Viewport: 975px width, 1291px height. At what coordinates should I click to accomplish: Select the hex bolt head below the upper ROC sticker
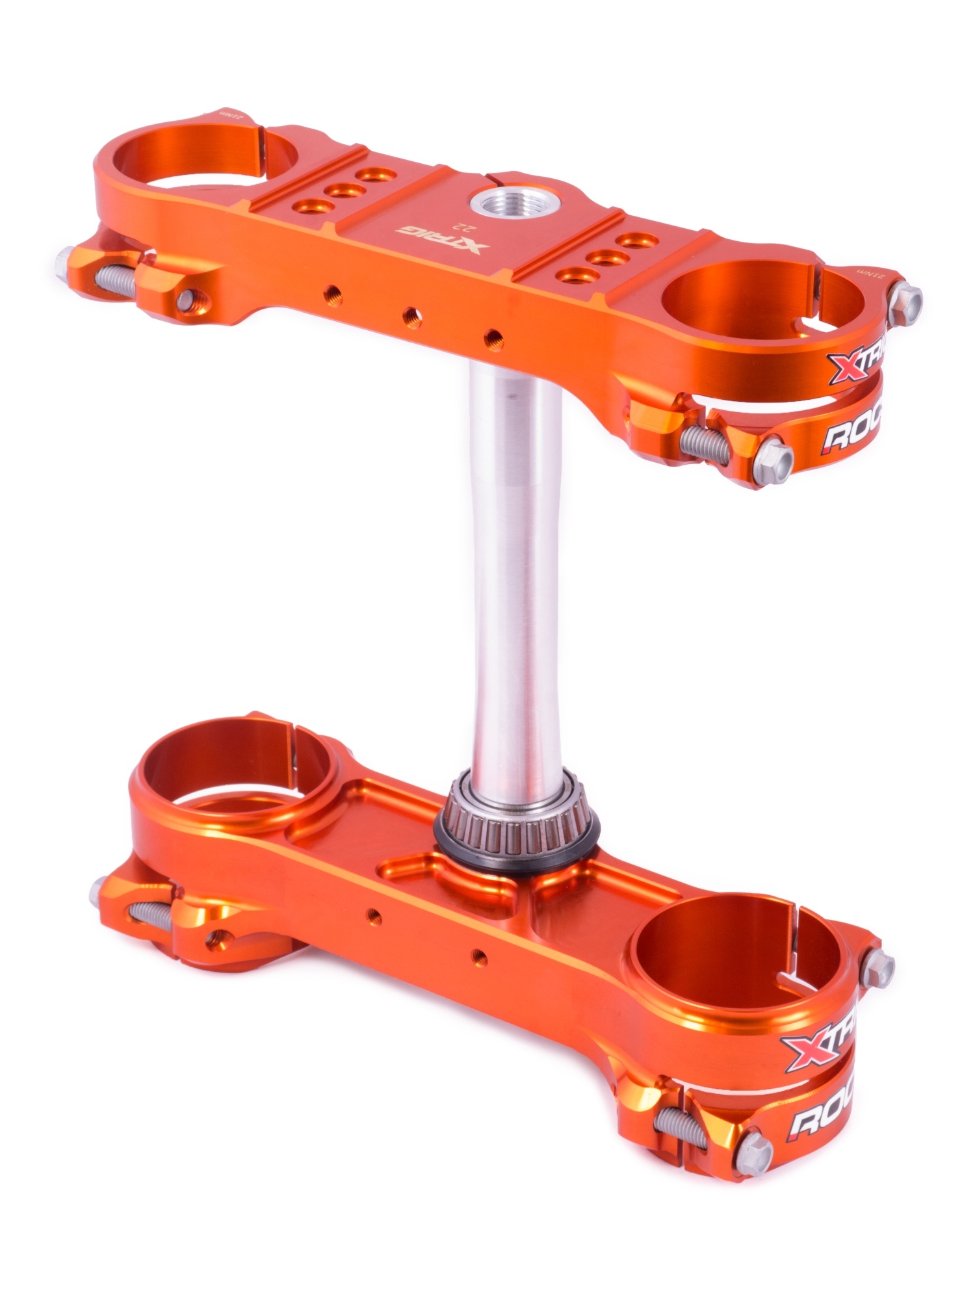click(776, 459)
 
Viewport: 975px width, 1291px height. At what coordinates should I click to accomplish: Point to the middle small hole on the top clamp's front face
click(411, 317)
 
